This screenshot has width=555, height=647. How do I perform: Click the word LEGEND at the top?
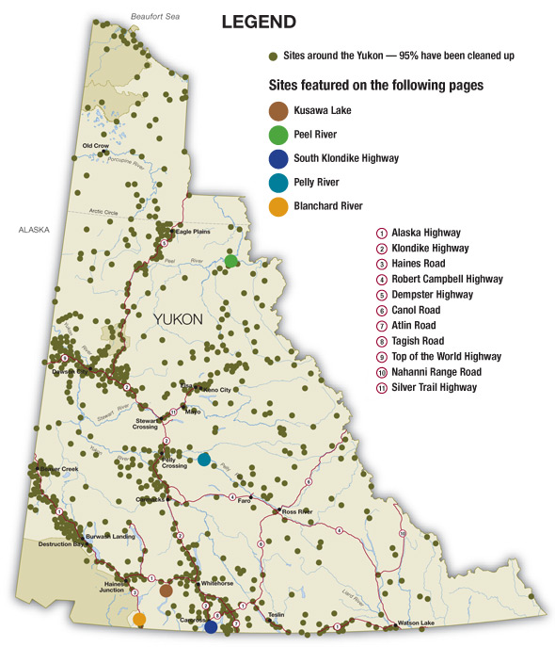tap(259, 22)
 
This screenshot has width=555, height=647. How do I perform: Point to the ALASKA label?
tap(34, 229)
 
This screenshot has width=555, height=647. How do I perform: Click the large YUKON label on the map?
tap(178, 320)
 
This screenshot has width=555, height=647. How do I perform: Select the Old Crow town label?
tap(96, 146)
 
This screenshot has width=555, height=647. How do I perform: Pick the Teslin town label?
tap(276, 614)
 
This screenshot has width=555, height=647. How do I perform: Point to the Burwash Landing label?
tap(104, 536)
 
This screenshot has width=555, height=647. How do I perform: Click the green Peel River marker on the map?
tap(230, 261)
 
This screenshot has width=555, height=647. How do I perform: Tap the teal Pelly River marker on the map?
tap(204, 460)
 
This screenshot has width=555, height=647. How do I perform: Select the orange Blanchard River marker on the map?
tap(139, 620)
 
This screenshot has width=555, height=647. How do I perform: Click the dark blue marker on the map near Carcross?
tap(211, 626)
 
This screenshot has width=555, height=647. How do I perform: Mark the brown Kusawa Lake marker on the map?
tap(166, 590)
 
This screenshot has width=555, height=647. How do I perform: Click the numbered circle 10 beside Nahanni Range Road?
tap(381, 372)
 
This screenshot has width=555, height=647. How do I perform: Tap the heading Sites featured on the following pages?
tap(376, 85)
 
